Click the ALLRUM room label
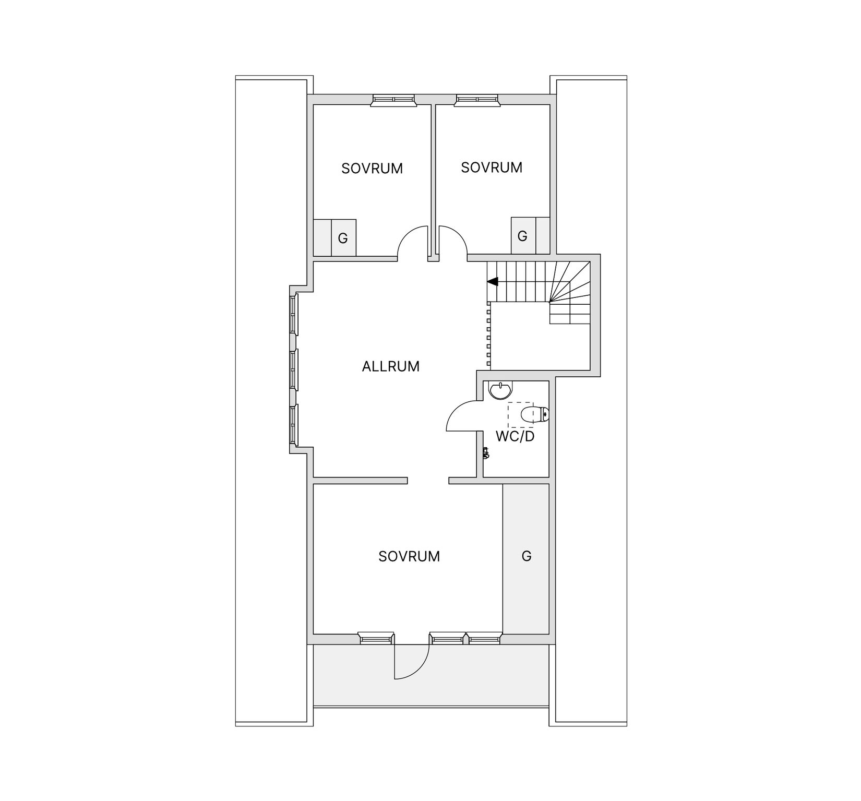390,366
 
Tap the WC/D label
515,437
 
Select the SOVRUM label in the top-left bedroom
372,169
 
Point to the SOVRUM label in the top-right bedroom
492,168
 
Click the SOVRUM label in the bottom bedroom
409,556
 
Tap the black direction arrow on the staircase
493,282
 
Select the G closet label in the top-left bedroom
343,238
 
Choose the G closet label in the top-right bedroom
522,236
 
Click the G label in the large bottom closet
527,556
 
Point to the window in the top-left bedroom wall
393,100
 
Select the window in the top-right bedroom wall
477,100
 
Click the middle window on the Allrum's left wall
294,370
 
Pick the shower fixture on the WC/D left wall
486,453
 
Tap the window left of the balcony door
376,638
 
